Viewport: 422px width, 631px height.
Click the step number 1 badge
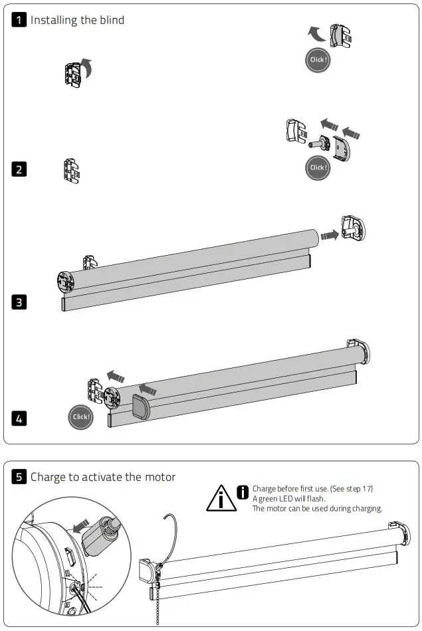[20, 20]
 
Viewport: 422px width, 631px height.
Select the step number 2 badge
[20, 169]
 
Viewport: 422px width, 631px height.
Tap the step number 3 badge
[20, 302]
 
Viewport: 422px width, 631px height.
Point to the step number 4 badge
[20, 418]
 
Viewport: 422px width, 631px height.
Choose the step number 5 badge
[20, 476]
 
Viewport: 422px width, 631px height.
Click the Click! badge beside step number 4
[80, 417]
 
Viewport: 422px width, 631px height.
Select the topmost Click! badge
[318, 60]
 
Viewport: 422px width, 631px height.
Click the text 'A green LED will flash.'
[288, 498]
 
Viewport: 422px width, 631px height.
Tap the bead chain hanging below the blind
[158, 604]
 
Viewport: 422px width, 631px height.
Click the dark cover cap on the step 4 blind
[142, 406]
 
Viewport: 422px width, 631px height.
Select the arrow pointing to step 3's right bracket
[328, 234]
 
